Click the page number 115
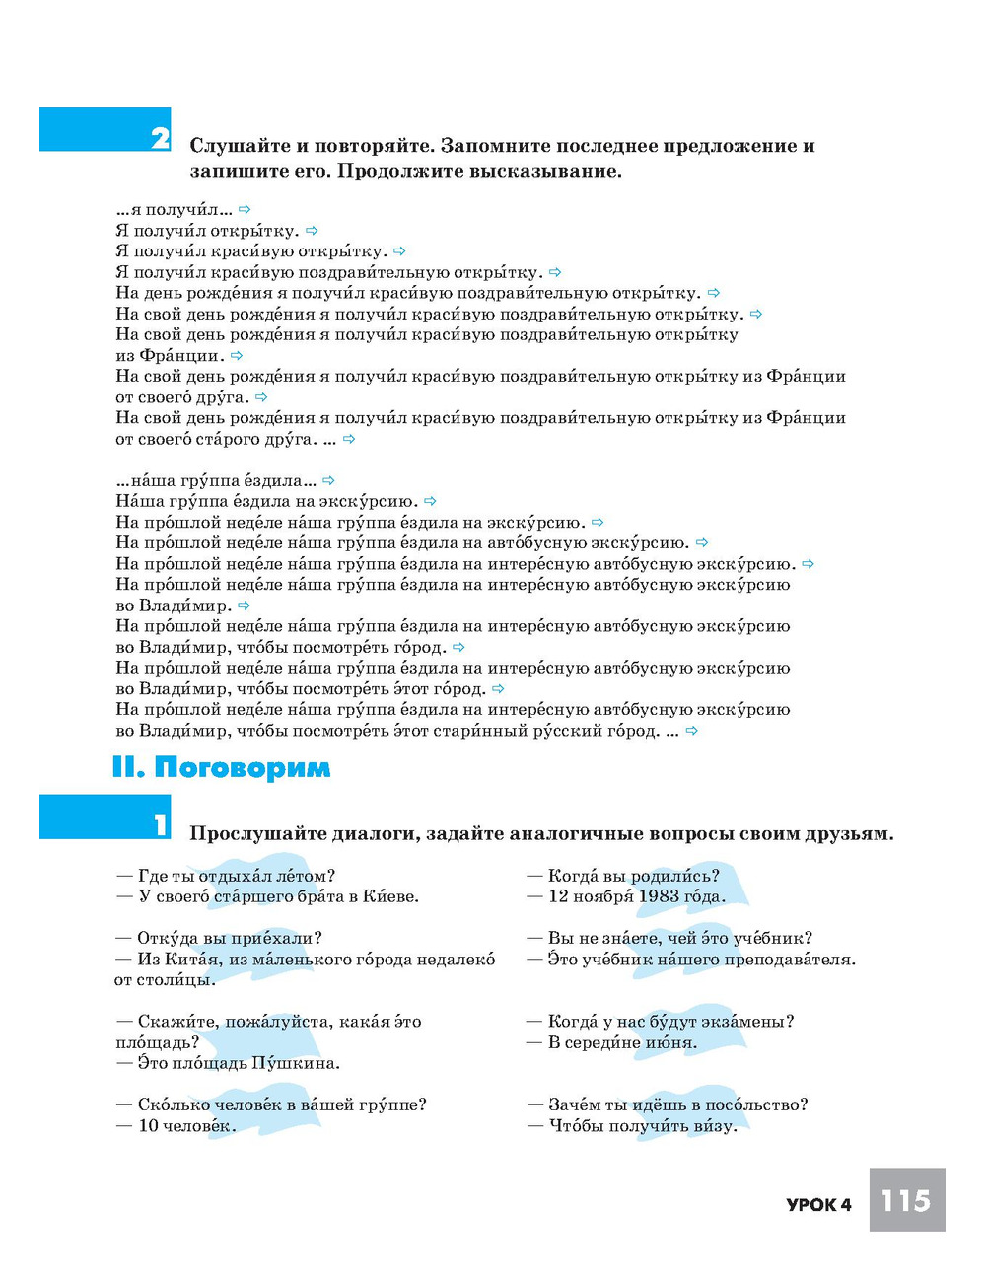click(906, 1200)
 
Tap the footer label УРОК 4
click(818, 1204)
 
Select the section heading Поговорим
click(242, 767)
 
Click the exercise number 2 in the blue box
click(160, 137)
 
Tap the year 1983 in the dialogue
click(658, 896)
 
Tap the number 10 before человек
click(148, 1126)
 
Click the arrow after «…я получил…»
click(245, 209)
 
